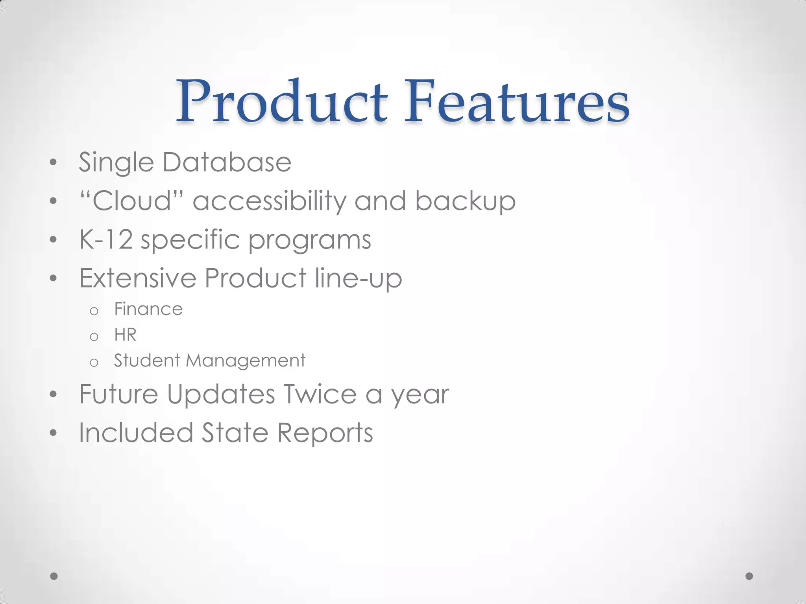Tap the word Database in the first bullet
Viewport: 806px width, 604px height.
tap(227, 162)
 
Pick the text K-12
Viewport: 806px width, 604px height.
tap(106, 239)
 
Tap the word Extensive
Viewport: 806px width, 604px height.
tap(138, 278)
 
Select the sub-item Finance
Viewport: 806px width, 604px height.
tap(148, 309)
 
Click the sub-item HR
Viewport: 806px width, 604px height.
tap(125, 335)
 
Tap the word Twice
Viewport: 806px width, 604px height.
tap(320, 394)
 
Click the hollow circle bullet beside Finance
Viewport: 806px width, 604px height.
tap(94, 311)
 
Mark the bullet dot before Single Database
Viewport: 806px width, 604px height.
tap(54, 162)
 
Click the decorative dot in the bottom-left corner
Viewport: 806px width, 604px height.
tap(54, 576)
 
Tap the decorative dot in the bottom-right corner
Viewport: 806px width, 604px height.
tap(749, 576)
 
